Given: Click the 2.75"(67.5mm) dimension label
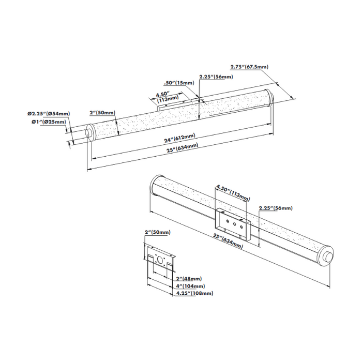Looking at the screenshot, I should [x=249, y=67].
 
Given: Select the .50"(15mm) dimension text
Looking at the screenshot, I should [x=178, y=83].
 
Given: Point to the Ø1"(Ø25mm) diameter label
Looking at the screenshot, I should [x=48, y=122].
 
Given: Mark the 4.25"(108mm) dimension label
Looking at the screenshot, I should [x=194, y=293].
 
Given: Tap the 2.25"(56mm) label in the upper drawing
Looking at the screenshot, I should [x=216, y=77].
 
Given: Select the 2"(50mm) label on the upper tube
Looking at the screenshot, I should [x=102, y=113].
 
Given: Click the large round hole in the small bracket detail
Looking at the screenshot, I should [x=161, y=261].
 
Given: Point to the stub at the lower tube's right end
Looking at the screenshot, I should [x=328, y=258].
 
